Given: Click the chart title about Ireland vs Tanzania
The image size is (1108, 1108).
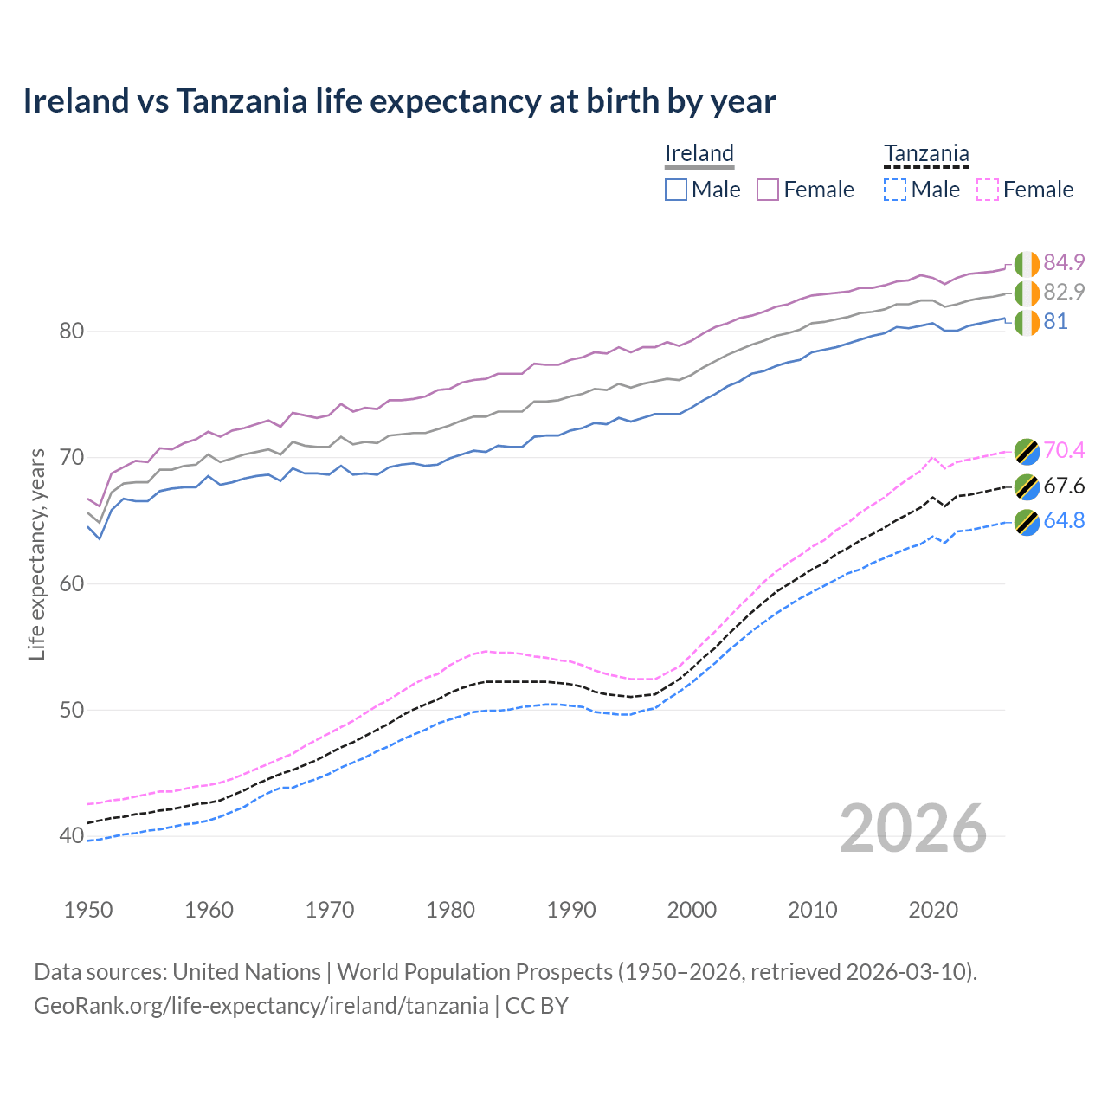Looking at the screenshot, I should pyautogui.click(x=399, y=101).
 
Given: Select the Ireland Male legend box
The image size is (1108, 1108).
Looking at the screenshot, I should pyautogui.click(x=676, y=190).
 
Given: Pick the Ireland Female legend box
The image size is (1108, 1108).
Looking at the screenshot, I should pyautogui.click(x=768, y=190).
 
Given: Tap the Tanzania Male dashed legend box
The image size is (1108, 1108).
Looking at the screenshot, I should pyautogui.click(x=895, y=190).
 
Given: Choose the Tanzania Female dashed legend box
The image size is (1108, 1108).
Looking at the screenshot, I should pyautogui.click(x=988, y=190).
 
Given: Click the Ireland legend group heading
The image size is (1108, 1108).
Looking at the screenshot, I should pyautogui.click(x=699, y=153).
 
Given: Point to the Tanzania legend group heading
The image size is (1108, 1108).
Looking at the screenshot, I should pyautogui.click(x=926, y=153).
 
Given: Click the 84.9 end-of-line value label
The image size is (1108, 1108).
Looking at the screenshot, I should pyautogui.click(x=1064, y=263).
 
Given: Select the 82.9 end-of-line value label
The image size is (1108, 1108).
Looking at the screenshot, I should pyautogui.click(x=1064, y=292).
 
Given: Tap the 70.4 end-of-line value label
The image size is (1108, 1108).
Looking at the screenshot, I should pyautogui.click(x=1064, y=450).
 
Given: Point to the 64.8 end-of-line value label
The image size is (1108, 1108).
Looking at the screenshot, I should pyautogui.click(x=1064, y=520).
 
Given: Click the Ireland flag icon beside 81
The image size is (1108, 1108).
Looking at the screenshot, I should pyautogui.click(x=1027, y=322).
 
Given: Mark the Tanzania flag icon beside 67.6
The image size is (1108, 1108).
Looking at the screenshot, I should pyautogui.click(x=1027, y=486).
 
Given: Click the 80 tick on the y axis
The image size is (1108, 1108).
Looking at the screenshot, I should pyautogui.click(x=72, y=331).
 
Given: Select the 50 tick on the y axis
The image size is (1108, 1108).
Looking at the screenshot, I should pyautogui.click(x=72, y=710).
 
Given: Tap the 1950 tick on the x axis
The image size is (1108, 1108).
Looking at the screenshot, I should pyautogui.click(x=88, y=910).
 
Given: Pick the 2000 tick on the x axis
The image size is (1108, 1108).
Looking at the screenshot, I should pyautogui.click(x=692, y=910).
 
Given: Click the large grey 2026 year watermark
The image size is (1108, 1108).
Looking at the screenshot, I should pyautogui.click(x=913, y=828).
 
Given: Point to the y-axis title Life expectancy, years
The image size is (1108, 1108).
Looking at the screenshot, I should pyautogui.click(x=36, y=554).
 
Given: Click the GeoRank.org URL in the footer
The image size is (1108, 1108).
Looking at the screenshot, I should pyautogui.click(x=261, y=1006).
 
